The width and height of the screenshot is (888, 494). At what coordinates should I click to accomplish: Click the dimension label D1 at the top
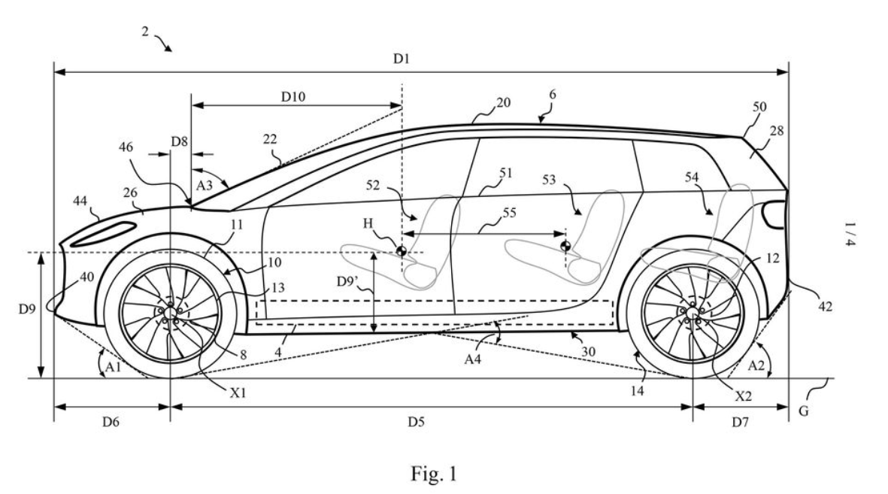[x=401, y=59]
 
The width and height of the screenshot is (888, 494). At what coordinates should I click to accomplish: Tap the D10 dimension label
[x=292, y=97]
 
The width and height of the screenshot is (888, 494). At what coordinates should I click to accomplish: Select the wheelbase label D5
[x=416, y=422]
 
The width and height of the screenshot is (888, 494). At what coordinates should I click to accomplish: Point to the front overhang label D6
[x=111, y=422]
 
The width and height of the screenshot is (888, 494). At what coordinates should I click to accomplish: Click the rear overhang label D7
[x=740, y=422]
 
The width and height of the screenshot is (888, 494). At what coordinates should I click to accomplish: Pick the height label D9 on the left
[x=26, y=309]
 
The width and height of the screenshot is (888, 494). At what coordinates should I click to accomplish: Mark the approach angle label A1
[x=114, y=367]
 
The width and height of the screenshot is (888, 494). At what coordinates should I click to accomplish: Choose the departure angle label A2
[x=756, y=365]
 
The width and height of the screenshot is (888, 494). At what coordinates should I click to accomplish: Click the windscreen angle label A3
[x=204, y=185]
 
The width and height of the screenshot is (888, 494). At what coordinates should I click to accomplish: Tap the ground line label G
[x=804, y=411]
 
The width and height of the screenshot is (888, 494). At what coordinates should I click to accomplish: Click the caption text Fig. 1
[x=433, y=473]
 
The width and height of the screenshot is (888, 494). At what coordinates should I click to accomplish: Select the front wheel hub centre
[x=170, y=312]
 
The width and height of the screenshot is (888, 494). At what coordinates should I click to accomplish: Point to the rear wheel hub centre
[x=693, y=312]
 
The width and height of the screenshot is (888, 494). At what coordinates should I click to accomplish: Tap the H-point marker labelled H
[x=401, y=251]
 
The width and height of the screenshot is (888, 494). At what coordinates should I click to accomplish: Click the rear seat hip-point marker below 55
[x=565, y=246]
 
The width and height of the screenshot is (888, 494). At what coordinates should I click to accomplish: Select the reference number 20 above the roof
[x=503, y=102]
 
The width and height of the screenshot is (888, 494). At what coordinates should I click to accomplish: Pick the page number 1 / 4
[x=850, y=234]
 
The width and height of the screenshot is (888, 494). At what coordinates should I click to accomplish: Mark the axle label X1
[x=238, y=392]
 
